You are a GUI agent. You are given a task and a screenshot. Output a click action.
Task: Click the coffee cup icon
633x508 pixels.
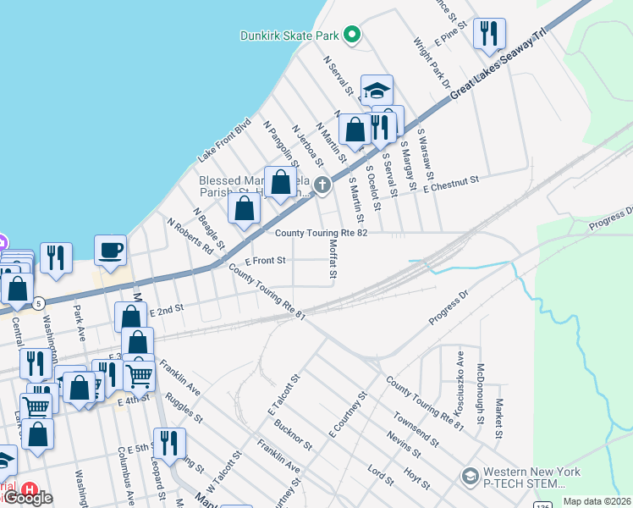click(110, 251)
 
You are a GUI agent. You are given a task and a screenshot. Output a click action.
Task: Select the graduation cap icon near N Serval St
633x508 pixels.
click(377, 90)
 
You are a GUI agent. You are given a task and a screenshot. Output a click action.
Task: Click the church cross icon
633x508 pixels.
click(322, 185)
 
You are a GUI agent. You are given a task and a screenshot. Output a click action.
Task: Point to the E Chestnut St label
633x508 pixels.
click(452, 184)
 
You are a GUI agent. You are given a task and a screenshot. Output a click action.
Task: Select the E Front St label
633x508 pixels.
click(265, 261)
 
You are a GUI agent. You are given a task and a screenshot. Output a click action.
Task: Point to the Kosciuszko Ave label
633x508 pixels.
click(460, 373)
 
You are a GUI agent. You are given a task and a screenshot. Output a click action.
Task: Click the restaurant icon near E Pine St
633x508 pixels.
click(489, 34)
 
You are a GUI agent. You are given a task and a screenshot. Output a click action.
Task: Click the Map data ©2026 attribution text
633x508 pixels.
click(597, 501)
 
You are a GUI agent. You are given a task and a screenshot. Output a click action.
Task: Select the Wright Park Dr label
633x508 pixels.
click(431, 62)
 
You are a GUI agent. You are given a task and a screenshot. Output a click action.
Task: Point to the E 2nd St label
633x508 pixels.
click(167, 311)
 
